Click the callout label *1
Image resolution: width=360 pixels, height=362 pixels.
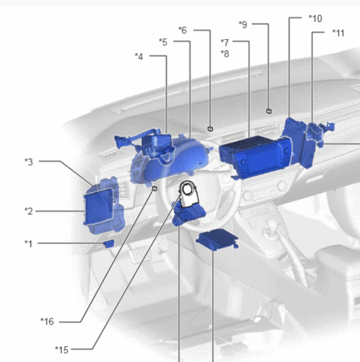coord(29,244)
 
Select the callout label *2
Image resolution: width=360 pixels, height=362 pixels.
coord(29,211)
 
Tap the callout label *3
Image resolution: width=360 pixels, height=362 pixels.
coord(29,162)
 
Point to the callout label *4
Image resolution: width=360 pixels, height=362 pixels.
coord(139,57)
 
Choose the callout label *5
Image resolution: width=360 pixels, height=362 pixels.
coord(163,42)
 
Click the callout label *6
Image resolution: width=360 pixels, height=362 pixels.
coord(183,30)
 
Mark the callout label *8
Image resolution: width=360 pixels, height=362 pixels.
coord(225,54)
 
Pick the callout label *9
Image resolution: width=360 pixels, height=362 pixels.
coord(243,25)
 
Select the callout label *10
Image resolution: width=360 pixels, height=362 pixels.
coord(316,19)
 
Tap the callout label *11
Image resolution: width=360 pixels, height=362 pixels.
coord(338,33)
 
